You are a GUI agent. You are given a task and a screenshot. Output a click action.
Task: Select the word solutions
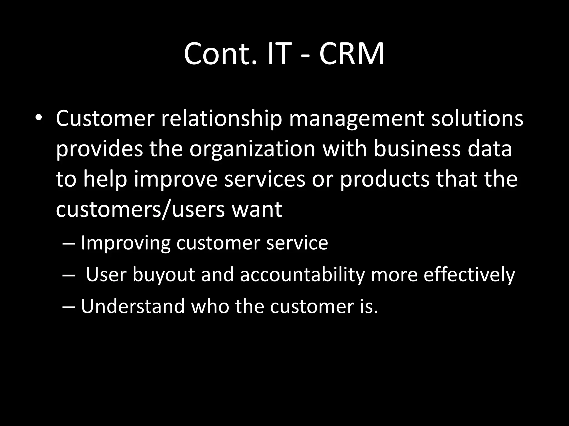[477, 118]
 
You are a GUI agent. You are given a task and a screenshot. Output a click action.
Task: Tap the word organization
[253, 149]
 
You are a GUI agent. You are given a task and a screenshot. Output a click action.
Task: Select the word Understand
[133, 306]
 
